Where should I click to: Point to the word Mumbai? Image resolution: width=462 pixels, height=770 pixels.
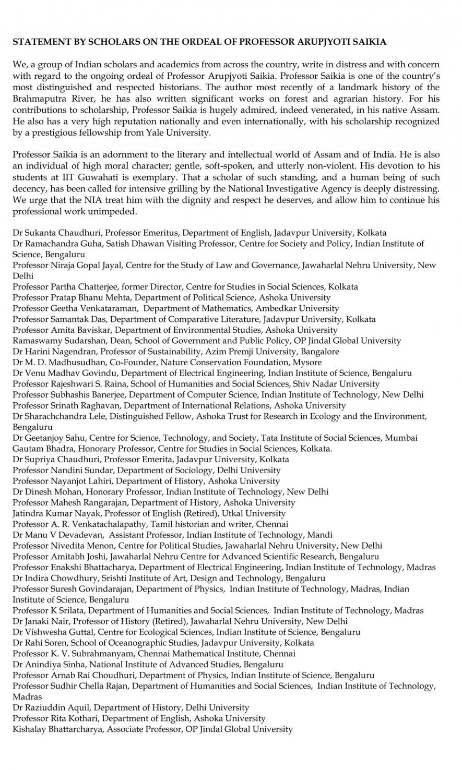[401, 438]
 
